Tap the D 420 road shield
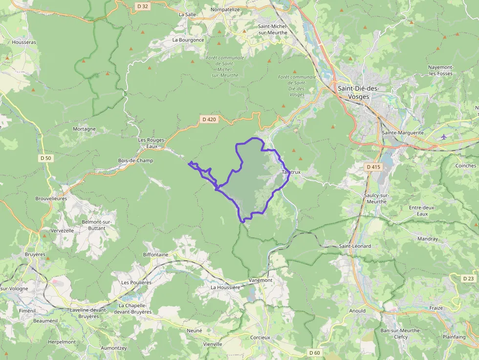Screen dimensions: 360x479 [x=209, y=119]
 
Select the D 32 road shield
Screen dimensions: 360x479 [x=142, y=6]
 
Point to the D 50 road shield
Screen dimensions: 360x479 [x=45, y=158]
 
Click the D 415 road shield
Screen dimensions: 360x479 [x=373, y=167]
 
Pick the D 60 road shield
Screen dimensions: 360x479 [x=315, y=353]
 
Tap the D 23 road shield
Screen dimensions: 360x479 [x=468, y=278]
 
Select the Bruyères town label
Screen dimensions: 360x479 [x=35, y=254]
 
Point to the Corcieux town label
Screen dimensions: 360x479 [x=260, y=338]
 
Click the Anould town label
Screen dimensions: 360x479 [x=357, y=311]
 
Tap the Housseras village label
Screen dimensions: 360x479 [x=24, y=42]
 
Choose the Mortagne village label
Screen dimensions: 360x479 [x=84, y=129]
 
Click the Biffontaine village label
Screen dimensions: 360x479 [x=155, y=254]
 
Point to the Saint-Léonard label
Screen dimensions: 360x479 [x=355, y=246]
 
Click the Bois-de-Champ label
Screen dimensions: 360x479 [x=135, y=161]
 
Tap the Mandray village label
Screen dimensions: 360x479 [x=428, y=239]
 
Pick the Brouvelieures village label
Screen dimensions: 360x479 [x=51, y=199]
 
